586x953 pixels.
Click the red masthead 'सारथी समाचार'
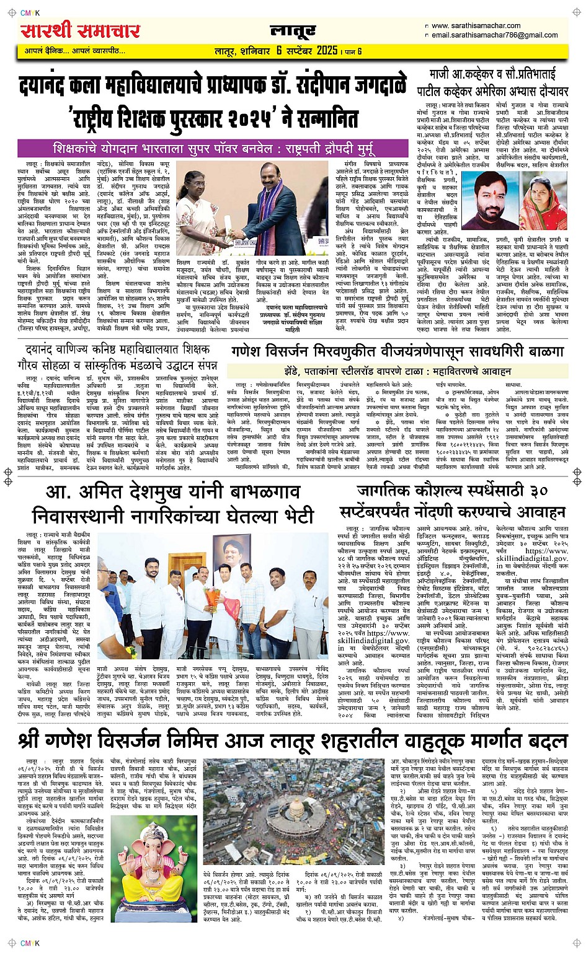point(80,30)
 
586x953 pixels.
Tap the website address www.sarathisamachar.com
point(476,25)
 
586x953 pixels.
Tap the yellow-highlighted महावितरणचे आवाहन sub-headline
point(397,371)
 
